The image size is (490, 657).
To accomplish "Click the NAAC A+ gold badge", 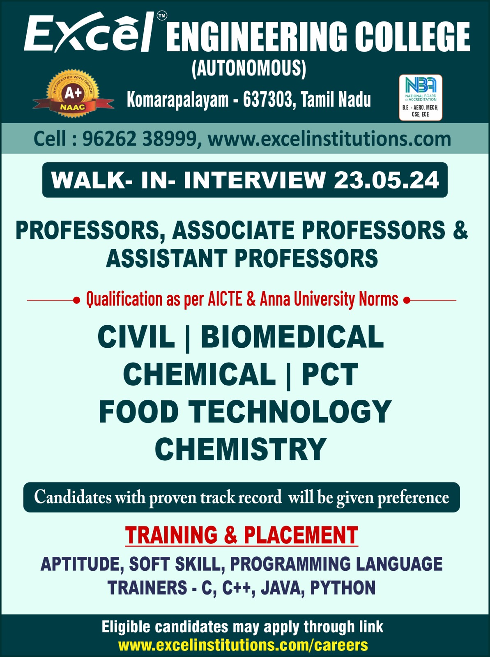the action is point(74,94).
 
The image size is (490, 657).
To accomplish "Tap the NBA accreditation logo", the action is point(421,98).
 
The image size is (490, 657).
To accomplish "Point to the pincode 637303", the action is point(267,99).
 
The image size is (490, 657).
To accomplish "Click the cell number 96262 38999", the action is point(140,139).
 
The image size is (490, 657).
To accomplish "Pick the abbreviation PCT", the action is point(330,374).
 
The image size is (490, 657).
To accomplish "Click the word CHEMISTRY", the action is point(241,449).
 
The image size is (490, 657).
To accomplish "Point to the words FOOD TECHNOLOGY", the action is point(245,412).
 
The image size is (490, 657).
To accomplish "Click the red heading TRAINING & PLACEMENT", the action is point(242,535).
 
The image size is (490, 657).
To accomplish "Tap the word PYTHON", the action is point(343,588).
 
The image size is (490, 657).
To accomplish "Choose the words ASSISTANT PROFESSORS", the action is point(242,258).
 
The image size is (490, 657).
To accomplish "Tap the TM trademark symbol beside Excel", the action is point(162,16).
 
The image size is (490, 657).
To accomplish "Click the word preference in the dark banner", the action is point(413,498).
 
